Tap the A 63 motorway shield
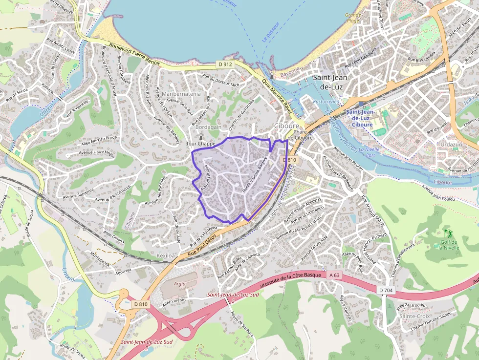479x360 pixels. click(334, 275)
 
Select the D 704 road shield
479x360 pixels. click(386, 291)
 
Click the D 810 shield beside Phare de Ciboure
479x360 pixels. click(290, 160)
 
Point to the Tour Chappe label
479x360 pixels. click(200, 144)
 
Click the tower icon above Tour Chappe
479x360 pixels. click(200, 136)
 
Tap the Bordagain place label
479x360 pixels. click(208, 127)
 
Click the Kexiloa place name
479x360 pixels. click(166, 255)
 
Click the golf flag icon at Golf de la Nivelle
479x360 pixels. click(448, 233)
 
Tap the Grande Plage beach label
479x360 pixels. click(353, 18)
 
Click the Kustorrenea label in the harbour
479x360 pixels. click(327, 102)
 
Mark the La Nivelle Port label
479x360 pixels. click(370, 152)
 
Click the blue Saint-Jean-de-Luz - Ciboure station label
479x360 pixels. click(360, 118)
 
